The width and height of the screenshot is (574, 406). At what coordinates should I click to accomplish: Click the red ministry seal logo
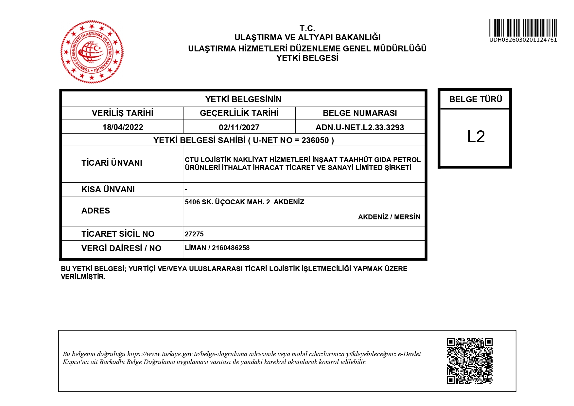coord(92,52)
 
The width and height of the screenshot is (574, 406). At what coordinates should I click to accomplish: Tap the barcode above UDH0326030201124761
coord(523,28)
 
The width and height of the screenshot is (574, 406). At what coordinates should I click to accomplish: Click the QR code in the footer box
coord(470,361)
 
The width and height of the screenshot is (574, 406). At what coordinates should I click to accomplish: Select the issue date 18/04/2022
coord(123,127)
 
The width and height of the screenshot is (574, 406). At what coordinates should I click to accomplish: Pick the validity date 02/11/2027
coord(239,127)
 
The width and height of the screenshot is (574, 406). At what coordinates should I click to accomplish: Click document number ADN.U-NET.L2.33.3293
coord(360,127)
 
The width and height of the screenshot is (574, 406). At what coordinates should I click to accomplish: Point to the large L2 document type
coord(476,137)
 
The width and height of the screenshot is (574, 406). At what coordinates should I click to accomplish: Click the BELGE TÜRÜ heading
coord(476,99)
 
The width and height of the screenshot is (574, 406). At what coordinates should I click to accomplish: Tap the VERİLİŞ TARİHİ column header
coord(123,113)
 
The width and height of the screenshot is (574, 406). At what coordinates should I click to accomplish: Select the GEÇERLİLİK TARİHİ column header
coord(239,113)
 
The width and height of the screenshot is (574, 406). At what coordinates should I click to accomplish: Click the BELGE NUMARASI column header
coord(360,113)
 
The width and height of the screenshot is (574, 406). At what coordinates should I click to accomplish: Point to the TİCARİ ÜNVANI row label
coord(112,163)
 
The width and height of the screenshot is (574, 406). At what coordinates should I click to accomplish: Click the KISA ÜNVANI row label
coord(108,190)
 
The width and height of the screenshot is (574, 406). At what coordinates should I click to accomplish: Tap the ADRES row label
coord(96,211)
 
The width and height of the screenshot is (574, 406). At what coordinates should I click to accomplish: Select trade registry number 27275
coord(194,234)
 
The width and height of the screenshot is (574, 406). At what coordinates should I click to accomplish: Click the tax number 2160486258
coord(231,248)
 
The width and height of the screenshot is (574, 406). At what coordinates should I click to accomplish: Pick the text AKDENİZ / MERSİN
coord(389,217)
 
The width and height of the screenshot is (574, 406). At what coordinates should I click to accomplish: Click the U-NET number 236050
coord(315,140)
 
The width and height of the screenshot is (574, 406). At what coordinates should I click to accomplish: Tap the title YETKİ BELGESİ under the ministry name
coord(307,58)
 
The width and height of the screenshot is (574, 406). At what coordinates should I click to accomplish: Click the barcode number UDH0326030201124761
coord(523,40)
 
